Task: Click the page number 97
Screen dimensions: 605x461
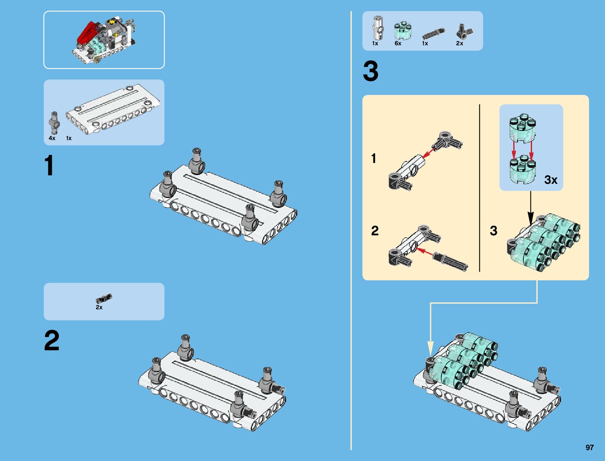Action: tap(589, 447)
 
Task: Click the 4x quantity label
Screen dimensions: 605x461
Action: tap(52, 138)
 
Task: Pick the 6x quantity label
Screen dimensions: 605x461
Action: tap(398, 43)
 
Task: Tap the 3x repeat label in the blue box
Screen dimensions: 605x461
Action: tap(550, 180)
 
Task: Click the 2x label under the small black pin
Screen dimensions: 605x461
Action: tap(99, 307)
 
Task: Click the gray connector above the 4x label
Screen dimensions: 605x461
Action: tap(54, 123)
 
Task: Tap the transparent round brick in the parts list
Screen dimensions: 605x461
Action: tap(402, 31)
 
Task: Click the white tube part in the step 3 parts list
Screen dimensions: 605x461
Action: tap(378, 28)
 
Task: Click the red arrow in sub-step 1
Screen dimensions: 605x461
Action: tap(428, 154)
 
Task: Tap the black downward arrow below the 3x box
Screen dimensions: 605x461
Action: tap(530, 209)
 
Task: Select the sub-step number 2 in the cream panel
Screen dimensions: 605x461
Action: tap(375, 231)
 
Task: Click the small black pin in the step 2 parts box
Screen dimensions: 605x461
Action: tap(104, 298)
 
